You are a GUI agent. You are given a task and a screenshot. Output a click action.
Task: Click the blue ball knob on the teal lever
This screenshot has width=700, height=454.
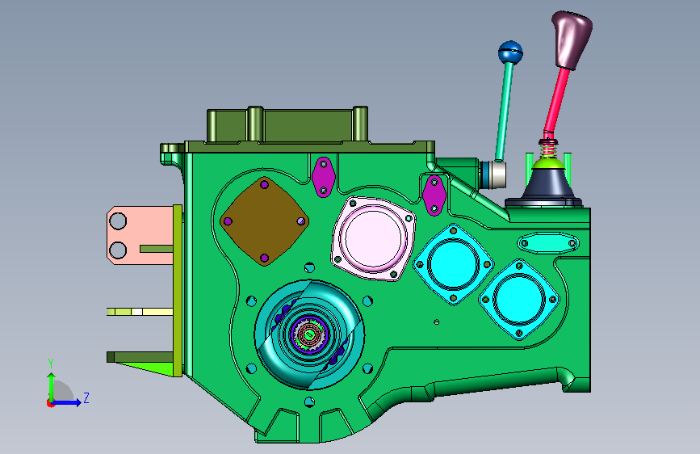point(510,53)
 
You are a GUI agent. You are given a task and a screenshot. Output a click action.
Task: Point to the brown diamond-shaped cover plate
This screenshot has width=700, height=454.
point(264,221)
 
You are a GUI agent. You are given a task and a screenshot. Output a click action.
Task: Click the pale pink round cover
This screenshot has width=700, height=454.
point(374,238)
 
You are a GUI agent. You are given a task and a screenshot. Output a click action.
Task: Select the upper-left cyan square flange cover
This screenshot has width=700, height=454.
point(453,264)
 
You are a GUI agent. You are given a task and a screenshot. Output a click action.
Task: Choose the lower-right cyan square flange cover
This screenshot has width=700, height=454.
point(519,299)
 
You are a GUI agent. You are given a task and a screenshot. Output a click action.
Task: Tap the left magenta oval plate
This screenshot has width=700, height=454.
point(323,176)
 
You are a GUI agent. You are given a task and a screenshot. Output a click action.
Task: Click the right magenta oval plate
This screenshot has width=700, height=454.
point(433,195)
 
